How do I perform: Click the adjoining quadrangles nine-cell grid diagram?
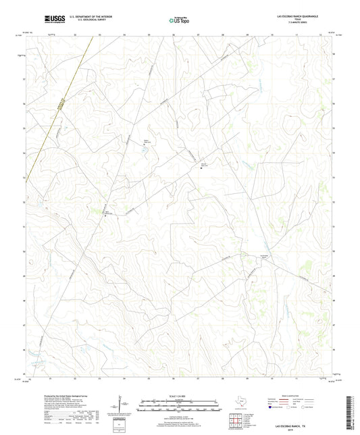[236, 421]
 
